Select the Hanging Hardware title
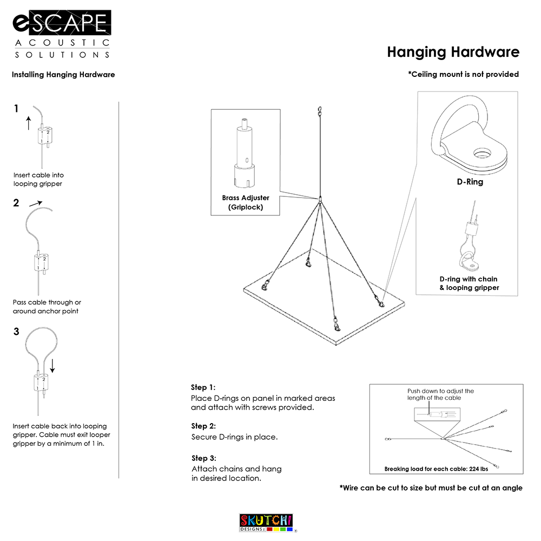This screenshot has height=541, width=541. pyautogui.click(x=453, y=52)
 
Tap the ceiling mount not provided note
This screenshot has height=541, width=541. pyautogui.click(x=463, y=74)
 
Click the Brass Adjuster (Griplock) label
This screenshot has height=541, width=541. pyautogui.click(x=246, y=202)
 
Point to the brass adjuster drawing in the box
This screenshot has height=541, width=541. pyautogui.click(x=246, y=154)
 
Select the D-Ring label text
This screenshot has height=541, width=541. pyautogui.click(x=470, y=182)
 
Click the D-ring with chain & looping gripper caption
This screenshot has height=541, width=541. pyautogui.click(x=469, y=283)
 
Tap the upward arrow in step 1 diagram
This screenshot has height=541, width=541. pyautogui.click(x=29, y=123)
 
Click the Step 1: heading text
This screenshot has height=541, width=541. pyautogui.click(x=203, y=387)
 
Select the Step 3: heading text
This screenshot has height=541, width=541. pyautogui.click(x=204, y=458)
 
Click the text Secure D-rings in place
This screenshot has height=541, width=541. pyautogui.click(x=234, y=437)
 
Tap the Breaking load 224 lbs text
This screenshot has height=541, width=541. pyautogui.click(x=436, y=469)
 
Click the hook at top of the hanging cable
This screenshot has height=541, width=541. pyautogui.click(x=320, y=111)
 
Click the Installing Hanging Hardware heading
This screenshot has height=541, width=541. pyautogui.click(x=63, y=75)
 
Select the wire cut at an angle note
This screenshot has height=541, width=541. pyautogui.click(x=431, y=488)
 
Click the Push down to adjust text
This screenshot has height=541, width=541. pyautogui.click(x=440, y=394)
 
